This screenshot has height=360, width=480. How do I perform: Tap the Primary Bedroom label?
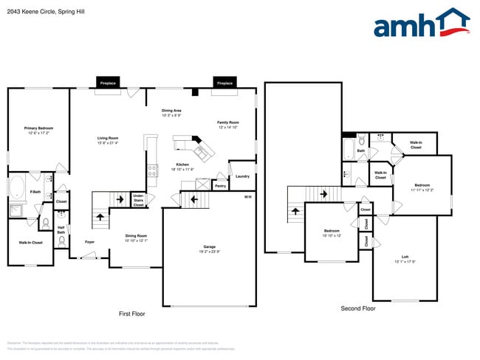click(x=39, y=130)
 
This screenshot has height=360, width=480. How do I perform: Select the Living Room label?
click(x=108, y=140)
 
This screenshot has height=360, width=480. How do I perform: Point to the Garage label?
click(x=209, y=249)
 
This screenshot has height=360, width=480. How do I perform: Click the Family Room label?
click(x=227, y=125)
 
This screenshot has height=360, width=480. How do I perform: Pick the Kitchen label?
click(x=182, y=167)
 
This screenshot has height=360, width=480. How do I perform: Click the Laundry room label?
click(x=242, y=176)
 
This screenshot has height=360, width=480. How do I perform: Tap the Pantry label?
click(x=219, y=186)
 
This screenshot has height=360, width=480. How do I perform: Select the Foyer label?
click(x=89, y=242)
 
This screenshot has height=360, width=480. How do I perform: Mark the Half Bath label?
click(x=61, y=230)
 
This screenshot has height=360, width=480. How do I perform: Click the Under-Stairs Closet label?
click(x=138, y=200)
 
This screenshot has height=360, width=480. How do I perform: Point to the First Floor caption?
click(x=132, y=314)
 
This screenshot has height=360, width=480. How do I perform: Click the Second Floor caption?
click(x=357, y=308)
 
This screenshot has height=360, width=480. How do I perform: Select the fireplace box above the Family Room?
click(x=224, y=83)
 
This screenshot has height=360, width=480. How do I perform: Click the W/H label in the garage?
click(x=248, y=196)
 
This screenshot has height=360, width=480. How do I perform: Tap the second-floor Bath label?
click(x=361, y=151)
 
